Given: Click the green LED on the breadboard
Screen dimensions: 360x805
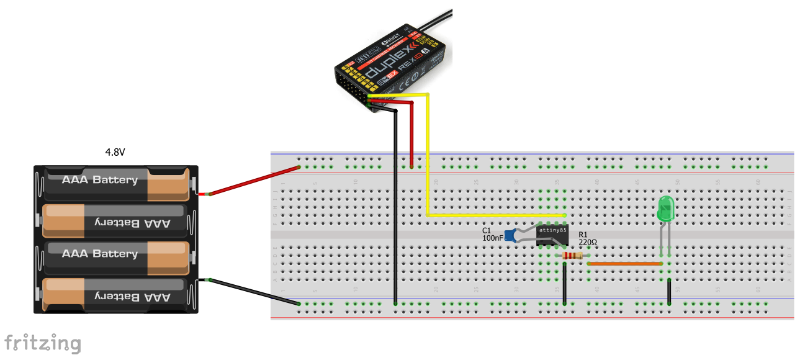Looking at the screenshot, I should pyautogui.click(x=665, y=209).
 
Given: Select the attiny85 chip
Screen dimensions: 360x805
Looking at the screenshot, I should pyautogui.click(x=552, y=236).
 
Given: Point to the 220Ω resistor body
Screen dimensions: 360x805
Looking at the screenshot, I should pyautogui.click(x=572, y=256).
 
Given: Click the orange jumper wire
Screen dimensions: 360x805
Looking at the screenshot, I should pyautogui.click(x=624, y=264).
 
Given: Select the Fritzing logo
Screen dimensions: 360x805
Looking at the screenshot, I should pyautogui.click(x=42, y=343).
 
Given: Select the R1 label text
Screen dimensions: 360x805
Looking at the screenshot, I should pyautogui.click(x=583, y=235).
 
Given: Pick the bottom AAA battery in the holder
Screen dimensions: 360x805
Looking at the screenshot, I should pyautogui.click(x=115, y=297).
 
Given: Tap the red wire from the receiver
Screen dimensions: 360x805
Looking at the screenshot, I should pyautogui.click(x=412, y=133).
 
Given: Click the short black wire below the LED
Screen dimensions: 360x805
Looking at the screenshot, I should pyautogui.click(x=669, y=292).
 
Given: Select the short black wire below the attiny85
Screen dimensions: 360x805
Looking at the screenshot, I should pyautogui.click(x=564, y=284).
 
